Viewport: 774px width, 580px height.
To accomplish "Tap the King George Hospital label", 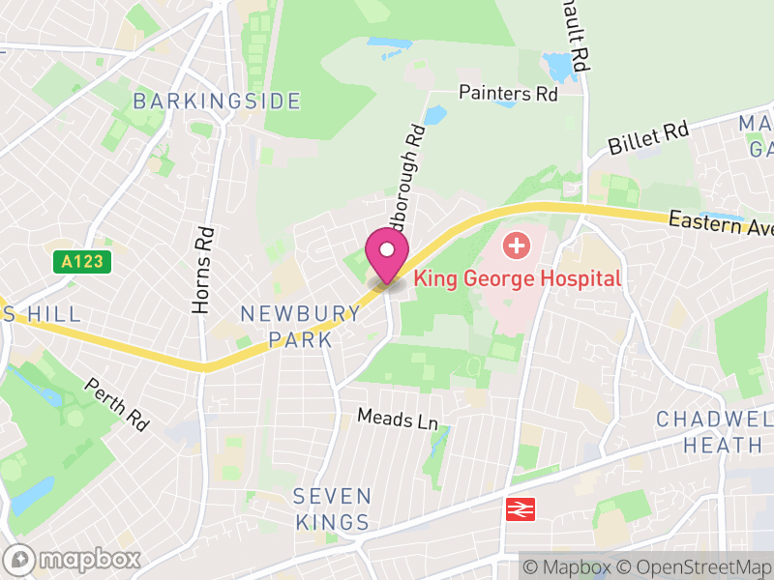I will coord(517,278).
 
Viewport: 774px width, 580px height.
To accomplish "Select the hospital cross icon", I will coord(517,246).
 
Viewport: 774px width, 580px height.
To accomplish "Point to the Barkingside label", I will coord(217,101).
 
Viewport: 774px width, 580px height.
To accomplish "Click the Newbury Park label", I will coord(300,327).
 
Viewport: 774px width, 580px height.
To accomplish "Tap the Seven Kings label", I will coord(332,509).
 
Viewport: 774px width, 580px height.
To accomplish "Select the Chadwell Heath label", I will coord(714,432).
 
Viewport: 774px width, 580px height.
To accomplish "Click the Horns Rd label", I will coord(202,270).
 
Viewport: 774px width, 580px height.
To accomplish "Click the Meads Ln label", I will coord(398,419).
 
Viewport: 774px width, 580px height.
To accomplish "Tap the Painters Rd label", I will coord(509,94).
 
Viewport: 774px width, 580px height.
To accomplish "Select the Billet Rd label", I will coord(647,139).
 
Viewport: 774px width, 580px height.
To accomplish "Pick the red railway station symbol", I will coord(520,510).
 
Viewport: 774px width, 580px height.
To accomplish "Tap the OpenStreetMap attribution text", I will coord(695,566).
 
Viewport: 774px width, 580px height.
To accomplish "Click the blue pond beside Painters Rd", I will coord(435,116).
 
